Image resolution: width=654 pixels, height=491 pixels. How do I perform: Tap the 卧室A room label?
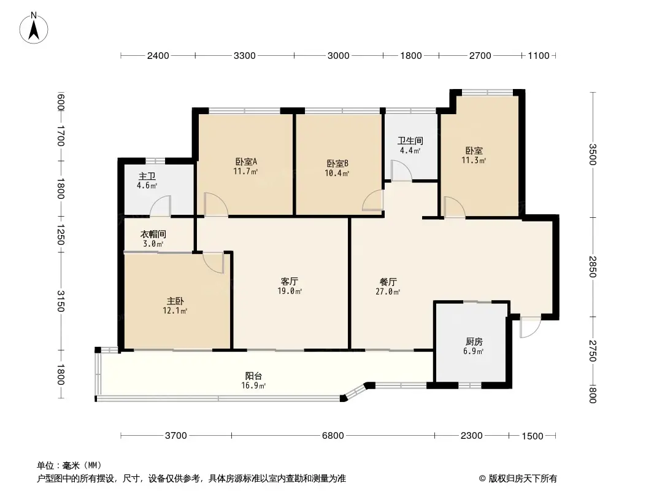click(x=246, y=162)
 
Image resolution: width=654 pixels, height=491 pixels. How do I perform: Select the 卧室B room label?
click(x=337, y=164)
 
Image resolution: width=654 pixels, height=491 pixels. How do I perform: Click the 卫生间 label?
click(x=410, y=141)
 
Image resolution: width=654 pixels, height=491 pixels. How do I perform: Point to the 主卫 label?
click(x=147, y=176)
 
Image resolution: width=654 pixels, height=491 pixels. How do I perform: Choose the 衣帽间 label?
click(x=153, y=234)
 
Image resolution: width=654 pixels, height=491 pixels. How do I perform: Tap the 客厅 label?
click(x=290, y=281)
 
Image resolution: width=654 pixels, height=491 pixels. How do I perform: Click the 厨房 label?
click(x=474, y=342)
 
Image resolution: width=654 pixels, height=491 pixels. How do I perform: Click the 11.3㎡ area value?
click(x=474, y=161)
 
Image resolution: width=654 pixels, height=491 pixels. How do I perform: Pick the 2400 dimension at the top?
click(x=158, y=56)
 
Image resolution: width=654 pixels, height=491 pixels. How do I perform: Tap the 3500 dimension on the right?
click(x=593, y=155)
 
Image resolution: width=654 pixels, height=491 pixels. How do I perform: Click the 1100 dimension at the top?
click(x=538, y=56)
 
